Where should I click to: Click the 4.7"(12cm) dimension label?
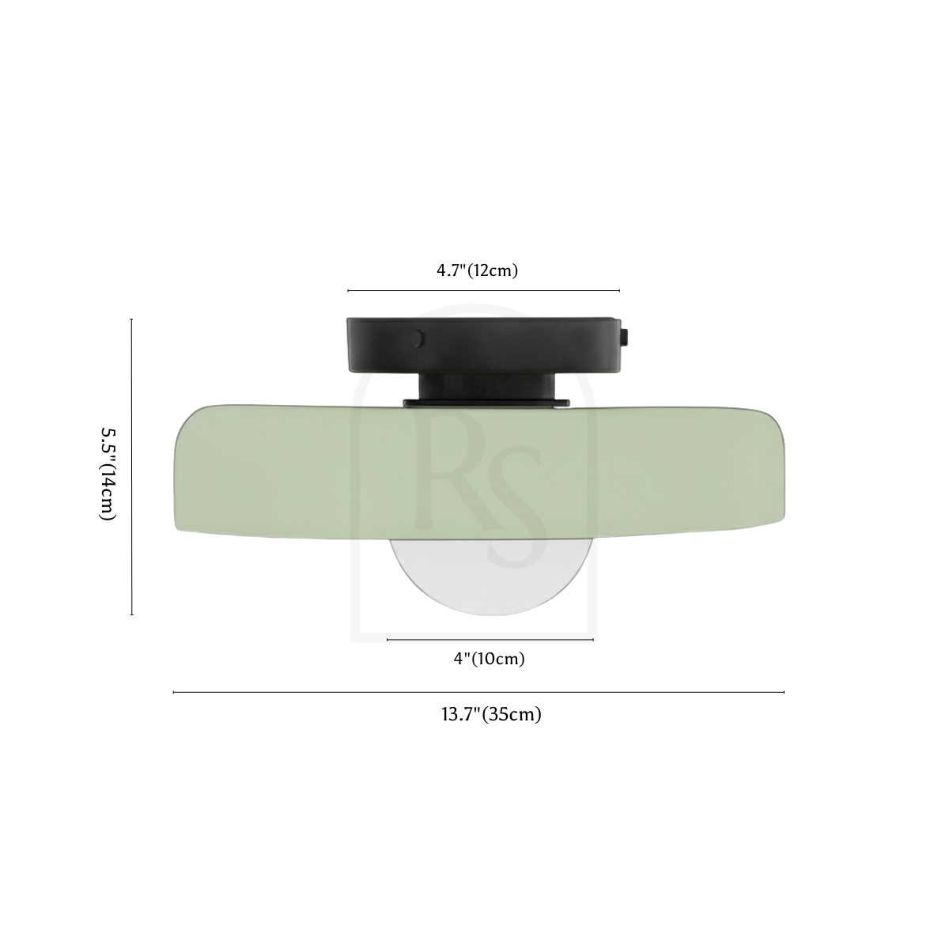tap(477, 270)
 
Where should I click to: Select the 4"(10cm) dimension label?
tap(489, 659)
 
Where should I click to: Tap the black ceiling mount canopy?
tap(484, 345)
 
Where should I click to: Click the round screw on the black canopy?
tap(417, 338)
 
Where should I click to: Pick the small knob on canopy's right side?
tap(625, 338)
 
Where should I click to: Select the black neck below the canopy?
tap(487, 386)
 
